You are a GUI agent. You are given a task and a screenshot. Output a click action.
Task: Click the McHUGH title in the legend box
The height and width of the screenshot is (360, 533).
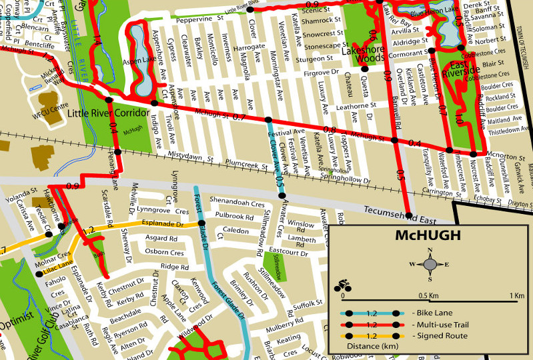430,236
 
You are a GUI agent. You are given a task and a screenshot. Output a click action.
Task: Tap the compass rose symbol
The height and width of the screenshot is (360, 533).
430,265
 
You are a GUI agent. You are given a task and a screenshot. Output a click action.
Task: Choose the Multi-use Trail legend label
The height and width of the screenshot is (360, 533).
440,324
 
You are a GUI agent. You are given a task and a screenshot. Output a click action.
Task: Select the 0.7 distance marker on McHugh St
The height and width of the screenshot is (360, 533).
239,118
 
